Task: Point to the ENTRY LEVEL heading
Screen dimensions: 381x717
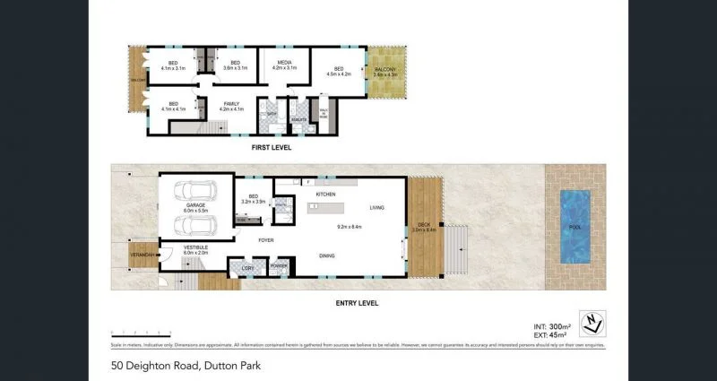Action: (x=357, y=303)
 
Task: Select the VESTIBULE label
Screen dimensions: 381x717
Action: (x=195, y=248)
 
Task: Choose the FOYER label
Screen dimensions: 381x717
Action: (x=265, y=240)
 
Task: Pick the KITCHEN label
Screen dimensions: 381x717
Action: (x=324, y=194)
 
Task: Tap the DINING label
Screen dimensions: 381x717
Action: (x=329, y=256)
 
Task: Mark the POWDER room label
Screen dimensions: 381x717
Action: (x=278, y=266)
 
